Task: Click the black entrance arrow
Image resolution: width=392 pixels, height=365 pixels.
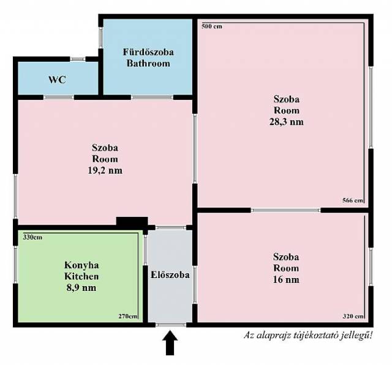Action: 170,343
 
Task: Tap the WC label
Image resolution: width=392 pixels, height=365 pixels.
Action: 57,80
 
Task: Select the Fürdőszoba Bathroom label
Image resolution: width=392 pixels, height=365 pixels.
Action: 148,58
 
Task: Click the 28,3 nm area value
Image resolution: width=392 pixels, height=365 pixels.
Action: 287,122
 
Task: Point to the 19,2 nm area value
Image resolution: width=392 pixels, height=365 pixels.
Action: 105,170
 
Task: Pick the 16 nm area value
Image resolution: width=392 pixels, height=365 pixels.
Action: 286,279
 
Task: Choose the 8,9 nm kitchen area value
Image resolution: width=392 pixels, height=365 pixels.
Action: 81,287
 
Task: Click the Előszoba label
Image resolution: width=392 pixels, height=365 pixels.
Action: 170,275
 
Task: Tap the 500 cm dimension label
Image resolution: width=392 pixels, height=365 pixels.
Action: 212,26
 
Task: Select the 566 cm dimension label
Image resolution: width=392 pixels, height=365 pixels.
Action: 353,200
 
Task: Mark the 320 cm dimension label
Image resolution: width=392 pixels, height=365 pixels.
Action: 353,316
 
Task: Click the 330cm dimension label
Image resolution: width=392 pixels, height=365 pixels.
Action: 32,237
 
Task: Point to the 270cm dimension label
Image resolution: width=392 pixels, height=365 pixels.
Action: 128,316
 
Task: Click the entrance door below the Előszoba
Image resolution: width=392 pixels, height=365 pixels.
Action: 171,325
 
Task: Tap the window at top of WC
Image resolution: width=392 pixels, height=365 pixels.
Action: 78,59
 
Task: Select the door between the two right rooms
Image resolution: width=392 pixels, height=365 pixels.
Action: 286,211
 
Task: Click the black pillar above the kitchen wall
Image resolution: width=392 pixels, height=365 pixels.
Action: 132,221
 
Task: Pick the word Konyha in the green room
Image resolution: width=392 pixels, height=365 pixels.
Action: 81,265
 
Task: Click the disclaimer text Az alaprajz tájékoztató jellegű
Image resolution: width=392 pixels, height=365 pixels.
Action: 308,335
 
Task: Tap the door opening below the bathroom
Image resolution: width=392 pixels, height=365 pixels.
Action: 152,97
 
